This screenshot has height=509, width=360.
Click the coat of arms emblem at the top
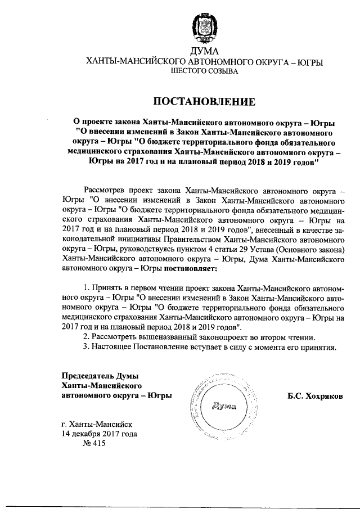(x=203, y=28)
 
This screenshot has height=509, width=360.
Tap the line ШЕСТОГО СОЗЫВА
(x=203, y=71)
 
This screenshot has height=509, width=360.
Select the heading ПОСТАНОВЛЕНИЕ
(x=203, y=101)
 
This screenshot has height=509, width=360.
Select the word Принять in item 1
(x=107, y=287)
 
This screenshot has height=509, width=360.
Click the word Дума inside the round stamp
(x=224, y=406)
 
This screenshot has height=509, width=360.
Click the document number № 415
(x=94, y=444)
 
